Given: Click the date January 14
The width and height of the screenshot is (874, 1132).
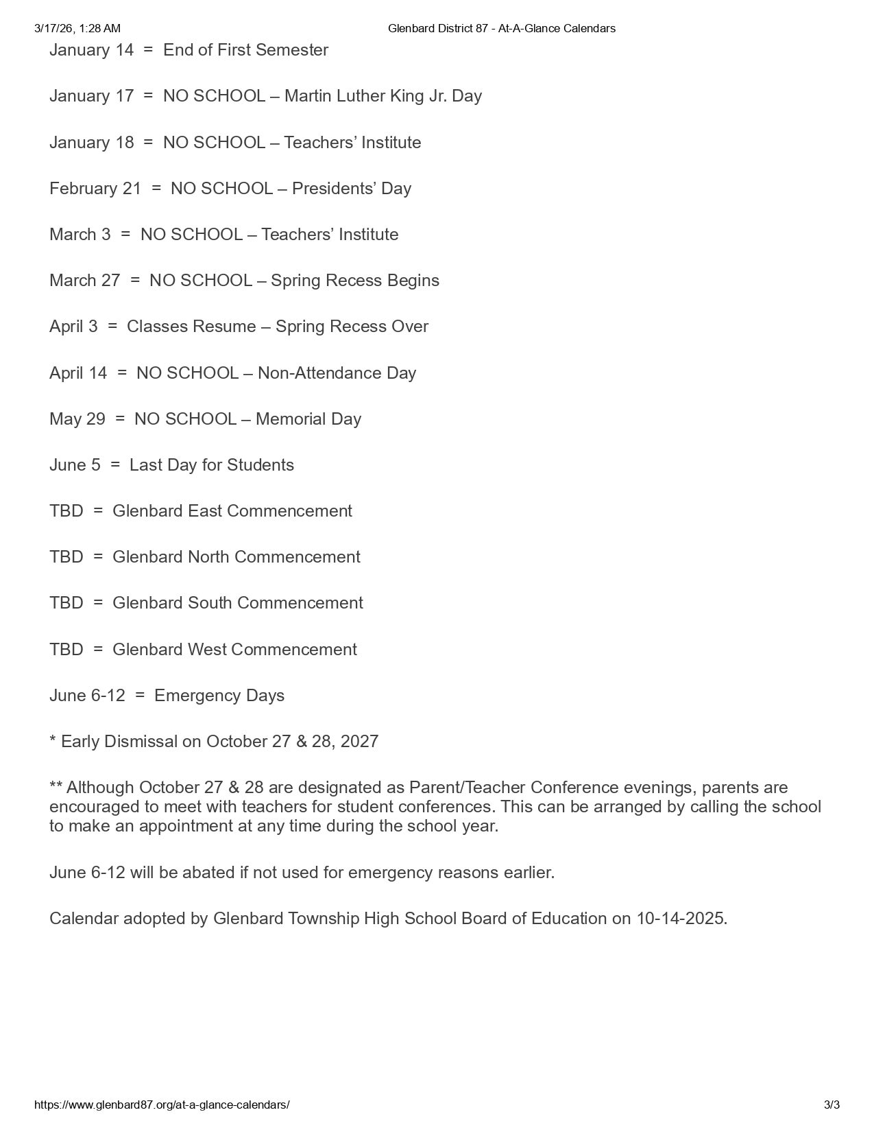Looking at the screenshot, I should pos(91,50).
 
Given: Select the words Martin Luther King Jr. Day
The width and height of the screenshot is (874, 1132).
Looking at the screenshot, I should pos(383,96).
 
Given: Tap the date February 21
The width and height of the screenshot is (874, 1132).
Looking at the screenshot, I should pos(95,189).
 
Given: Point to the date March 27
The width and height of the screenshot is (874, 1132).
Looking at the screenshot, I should pos(84,281).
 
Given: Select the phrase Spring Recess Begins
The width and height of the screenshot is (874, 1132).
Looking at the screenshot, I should pos(355,281).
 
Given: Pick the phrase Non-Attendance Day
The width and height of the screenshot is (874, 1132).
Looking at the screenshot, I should pos(337,373).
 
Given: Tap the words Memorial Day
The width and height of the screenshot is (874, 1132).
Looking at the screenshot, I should pos(308,419).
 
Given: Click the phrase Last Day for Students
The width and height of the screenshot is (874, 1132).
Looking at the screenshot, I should pos(211,465).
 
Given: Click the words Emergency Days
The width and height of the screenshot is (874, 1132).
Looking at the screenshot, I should pos(219,696).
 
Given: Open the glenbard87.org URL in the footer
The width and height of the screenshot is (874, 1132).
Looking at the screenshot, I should pos(162,1105).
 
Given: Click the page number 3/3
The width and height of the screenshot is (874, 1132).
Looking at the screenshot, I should pos(831,1105).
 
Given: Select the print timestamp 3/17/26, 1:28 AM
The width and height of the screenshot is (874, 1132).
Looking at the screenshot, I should pos(77,28).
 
